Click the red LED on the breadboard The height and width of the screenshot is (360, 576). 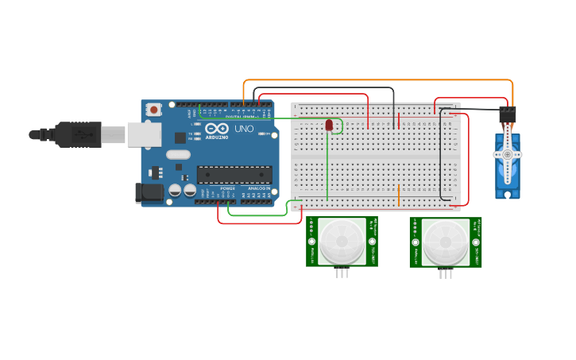point(329,125)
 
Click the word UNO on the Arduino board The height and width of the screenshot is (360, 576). point(244,129)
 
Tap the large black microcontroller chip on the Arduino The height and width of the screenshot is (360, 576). point(234,174)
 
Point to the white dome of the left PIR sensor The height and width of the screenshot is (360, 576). point(342,239)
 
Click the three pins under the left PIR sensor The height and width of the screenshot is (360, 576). point(342,273)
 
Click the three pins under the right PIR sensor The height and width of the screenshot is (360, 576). point(446,273)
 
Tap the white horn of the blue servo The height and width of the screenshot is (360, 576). point(507,153)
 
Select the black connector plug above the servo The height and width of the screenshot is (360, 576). point(507,114)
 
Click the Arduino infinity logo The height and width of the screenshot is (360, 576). point(216,129)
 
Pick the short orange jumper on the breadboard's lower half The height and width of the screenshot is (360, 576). point(399,194)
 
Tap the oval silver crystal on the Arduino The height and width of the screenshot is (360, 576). point(179,155)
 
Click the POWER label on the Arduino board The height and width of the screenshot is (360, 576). point(228,188)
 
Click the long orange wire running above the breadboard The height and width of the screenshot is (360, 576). point(377,80)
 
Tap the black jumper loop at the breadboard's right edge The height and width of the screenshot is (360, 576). point(442,155)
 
